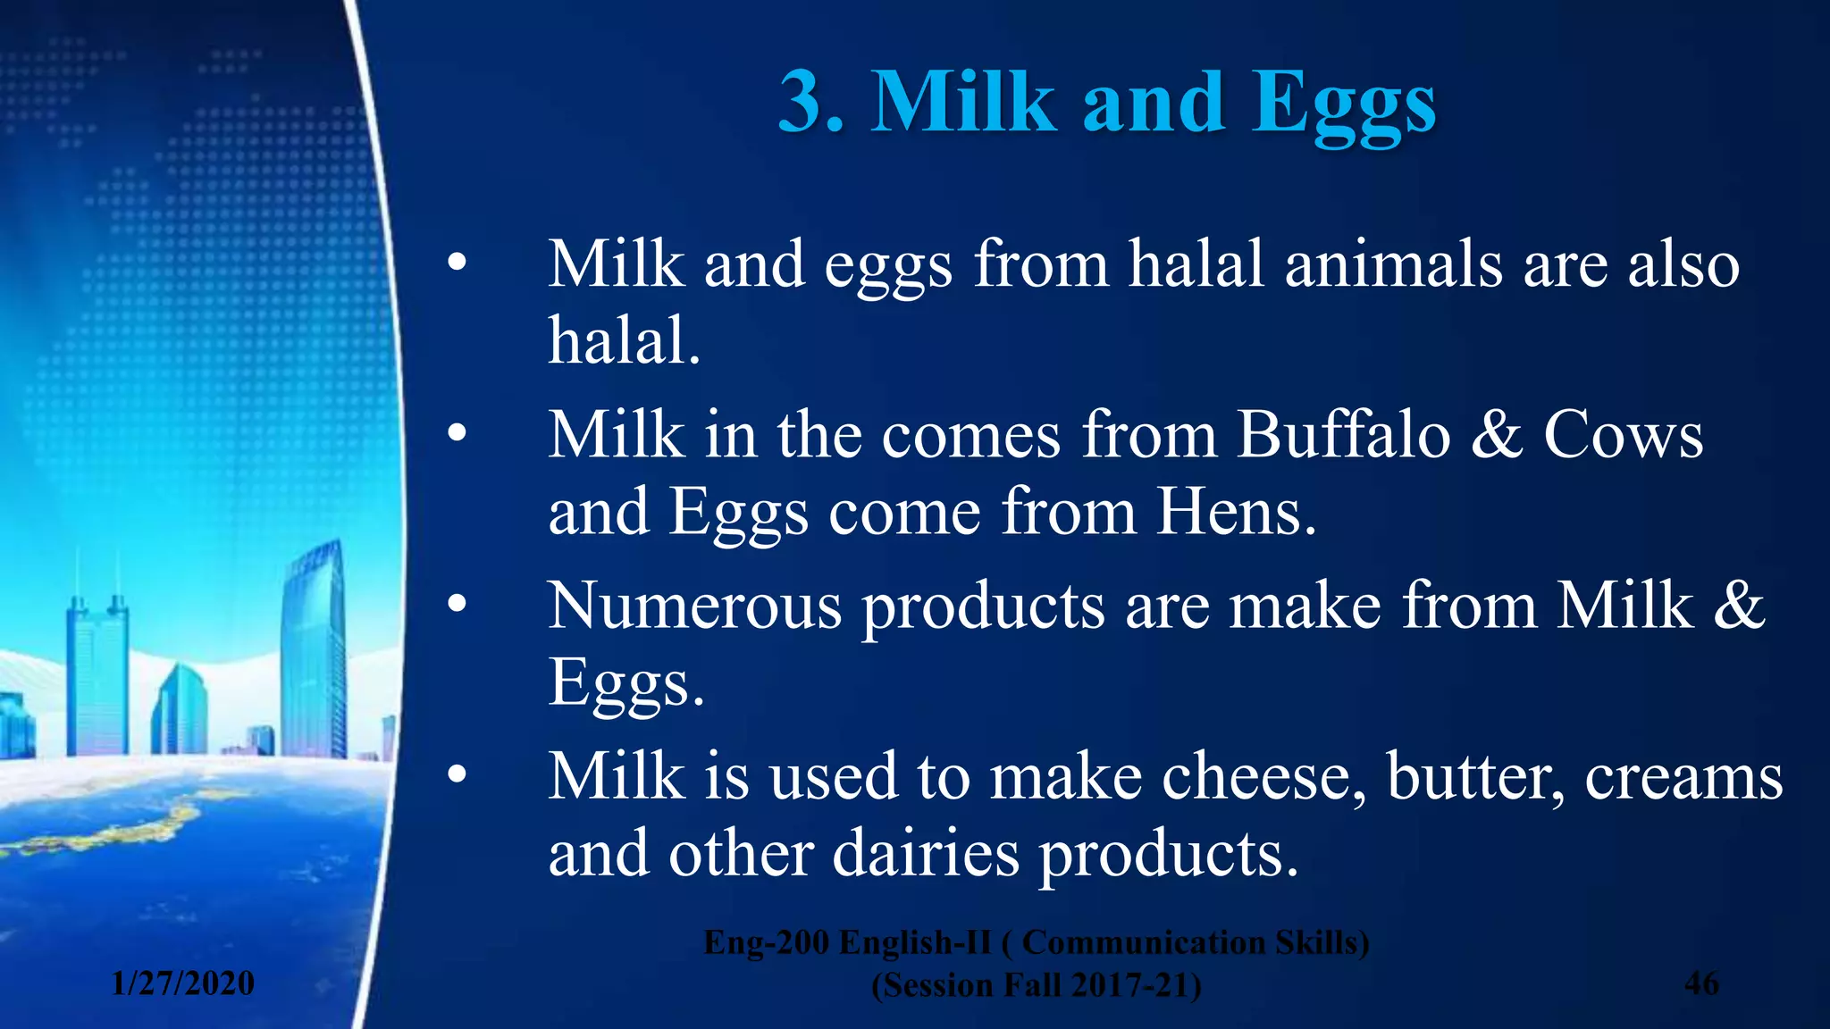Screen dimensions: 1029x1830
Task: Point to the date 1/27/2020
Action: pos(183,983)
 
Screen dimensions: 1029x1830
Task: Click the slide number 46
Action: pos(1701,983)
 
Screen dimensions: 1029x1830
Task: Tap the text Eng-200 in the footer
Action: pos(766,942)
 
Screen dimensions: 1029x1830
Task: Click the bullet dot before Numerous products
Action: pos(457,605)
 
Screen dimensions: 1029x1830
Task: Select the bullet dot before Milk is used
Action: pos(457,775)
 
